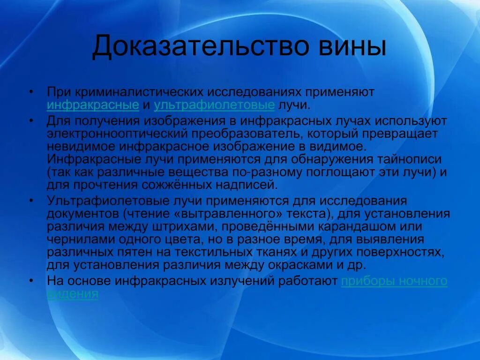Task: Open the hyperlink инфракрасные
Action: click(93, 105)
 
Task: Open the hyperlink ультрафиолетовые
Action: click(214, 105)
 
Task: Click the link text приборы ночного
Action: click(394, 281)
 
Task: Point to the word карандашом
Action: click(358, 227)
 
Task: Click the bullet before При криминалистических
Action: click(30, 92)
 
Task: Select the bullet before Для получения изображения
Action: click(30, 120)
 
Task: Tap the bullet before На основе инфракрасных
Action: click(30, 281)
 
